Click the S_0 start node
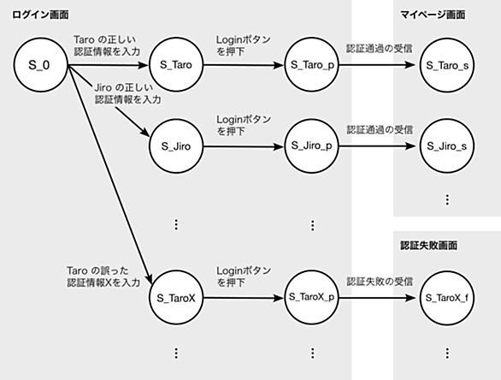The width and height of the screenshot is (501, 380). tap(40, 65)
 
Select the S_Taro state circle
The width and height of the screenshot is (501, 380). tap(176, 65)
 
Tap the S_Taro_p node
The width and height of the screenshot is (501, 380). tap(312, 65)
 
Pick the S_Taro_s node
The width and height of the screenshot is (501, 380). tap(447, 65)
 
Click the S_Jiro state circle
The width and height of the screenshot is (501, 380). tap(176, 146)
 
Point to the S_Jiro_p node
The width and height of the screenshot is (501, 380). tap(312, 145)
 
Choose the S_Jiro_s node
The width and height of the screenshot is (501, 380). tap(447, 146)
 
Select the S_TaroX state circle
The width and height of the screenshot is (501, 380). tap(176, 298)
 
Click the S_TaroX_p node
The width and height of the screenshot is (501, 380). tap(312, 298)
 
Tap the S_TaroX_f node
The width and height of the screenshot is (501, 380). tap(447, 298)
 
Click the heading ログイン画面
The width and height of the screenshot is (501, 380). tap(40, 15)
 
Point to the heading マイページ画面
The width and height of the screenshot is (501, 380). tap(433, 15)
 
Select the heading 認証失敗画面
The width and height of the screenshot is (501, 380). tap(429, 246)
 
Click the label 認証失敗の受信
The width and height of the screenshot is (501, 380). tap(380, 282)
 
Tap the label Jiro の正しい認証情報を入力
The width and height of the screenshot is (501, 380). tap(127, 94)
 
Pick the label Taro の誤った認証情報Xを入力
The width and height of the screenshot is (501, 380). tap(103, 276)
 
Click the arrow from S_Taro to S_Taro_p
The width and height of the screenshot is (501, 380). tap(244, 65)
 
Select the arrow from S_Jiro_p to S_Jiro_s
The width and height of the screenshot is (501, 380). tap(377, 146)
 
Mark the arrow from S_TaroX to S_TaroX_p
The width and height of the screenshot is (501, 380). tap(244, 298)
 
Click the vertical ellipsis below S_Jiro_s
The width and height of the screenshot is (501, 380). tap(447, 199)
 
